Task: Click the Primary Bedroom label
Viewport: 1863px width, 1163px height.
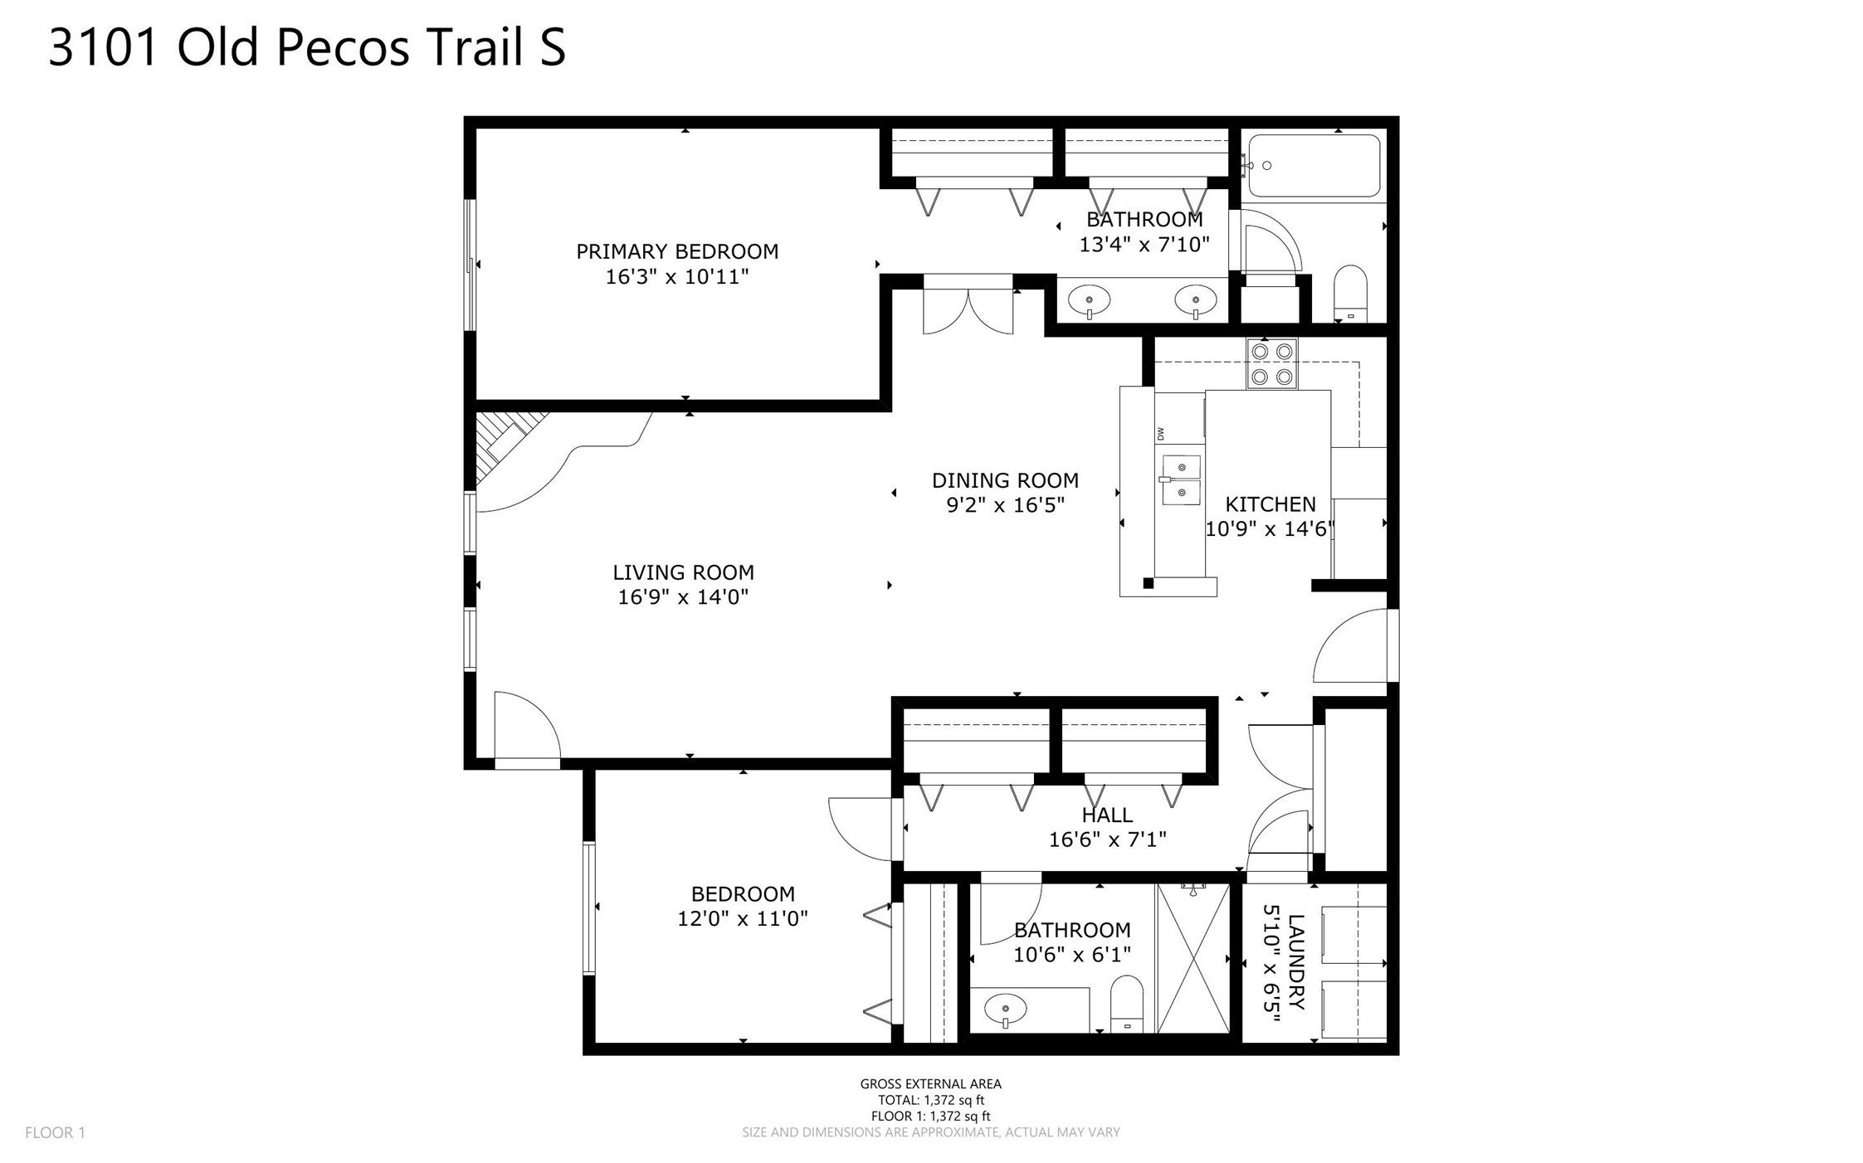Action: pos(677,251)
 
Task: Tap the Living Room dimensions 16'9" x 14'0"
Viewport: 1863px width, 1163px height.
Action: pos(683,597)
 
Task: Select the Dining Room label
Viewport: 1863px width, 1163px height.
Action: pos(1005,480)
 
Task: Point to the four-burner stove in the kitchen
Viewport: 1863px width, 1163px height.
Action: pos(1271,364)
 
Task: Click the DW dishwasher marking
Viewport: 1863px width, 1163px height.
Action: pos(1160,434)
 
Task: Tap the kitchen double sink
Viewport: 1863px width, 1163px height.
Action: pos(1181,479)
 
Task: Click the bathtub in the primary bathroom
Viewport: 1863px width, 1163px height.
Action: pos(1314,166)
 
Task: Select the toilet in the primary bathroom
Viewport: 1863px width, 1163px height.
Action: pos(1350,294)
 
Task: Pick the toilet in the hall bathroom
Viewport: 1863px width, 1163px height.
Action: pos(1126,1004)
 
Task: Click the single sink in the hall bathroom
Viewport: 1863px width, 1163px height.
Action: pos(1006,1010)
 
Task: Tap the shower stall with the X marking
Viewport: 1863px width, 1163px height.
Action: pos(1193,958)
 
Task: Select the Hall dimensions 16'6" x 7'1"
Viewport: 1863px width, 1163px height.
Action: pos(1107,839)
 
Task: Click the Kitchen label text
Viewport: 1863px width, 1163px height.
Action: pos(1270,504)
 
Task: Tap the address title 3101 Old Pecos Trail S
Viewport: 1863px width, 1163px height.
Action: pos(307,46)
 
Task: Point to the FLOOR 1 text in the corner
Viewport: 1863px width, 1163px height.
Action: pos(55,1132)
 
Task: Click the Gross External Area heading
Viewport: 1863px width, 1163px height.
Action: pos(930,1083)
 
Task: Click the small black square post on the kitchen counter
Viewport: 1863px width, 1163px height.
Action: pos(1149,583)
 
